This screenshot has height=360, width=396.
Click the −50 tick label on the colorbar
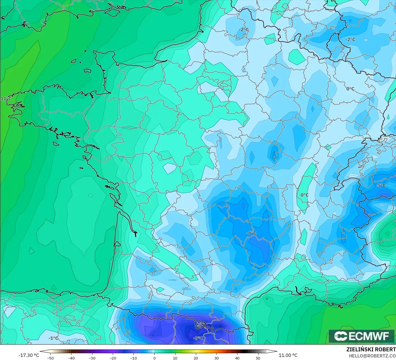click(50, 358)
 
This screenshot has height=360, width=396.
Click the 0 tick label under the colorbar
click(154, 358)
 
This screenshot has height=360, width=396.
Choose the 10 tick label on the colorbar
click(175, 358)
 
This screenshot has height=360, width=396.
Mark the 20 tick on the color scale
click(196, 358)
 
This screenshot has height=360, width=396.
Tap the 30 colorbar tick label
click(216, 358)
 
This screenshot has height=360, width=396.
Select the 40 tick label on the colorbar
click(237, 358)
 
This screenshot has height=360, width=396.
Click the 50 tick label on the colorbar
click(258, 358)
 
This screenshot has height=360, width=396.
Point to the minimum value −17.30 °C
click(29, 355)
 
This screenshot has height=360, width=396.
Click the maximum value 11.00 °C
click(288, 355)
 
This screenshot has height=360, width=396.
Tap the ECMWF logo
click(362, 336)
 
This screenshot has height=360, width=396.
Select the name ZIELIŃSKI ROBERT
click(371, 349)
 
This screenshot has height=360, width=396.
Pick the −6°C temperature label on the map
click(251, 233)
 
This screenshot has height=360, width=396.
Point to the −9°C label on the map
click(198, 338)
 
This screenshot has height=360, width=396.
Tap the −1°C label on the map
click(53, 338)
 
